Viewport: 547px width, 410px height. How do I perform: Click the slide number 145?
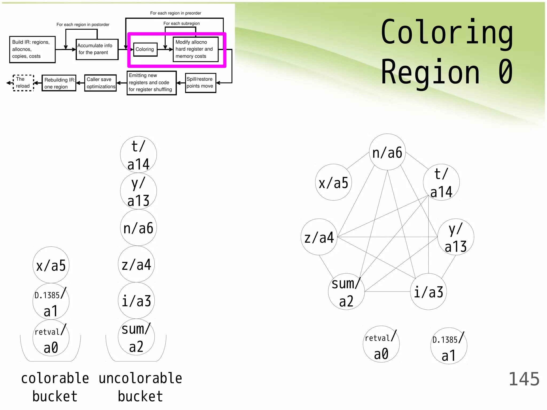(524, 379)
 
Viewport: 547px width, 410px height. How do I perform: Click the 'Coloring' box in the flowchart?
(145, 49)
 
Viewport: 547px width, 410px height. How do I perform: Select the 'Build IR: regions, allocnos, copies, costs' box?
(32, 49)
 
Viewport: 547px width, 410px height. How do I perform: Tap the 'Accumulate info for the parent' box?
(97, 49)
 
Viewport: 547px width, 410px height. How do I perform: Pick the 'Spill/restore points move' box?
(200, 83)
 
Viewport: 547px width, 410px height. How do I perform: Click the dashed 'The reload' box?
(23, 83)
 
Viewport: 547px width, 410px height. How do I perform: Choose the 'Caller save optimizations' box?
(100, 83)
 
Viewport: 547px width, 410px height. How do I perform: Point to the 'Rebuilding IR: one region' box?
(59, 83)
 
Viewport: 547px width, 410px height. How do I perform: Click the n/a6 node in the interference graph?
(387, 152)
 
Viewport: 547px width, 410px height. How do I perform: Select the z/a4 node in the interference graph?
(319, 237)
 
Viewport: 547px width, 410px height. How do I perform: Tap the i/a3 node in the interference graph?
(428, 291)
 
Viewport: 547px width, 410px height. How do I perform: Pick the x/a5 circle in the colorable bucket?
(51, 265)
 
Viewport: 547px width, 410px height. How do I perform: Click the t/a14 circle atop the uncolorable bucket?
(138, 155)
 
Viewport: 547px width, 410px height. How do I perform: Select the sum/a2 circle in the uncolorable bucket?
(136, 337)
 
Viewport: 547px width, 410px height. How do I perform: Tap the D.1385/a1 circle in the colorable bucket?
(51, 302)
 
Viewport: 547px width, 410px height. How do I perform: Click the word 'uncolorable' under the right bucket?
(140, 379)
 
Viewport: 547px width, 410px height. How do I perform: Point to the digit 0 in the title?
(505, 72)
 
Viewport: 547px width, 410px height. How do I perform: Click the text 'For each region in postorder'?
(83, 25)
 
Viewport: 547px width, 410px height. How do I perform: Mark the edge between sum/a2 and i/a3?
(387, 291)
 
